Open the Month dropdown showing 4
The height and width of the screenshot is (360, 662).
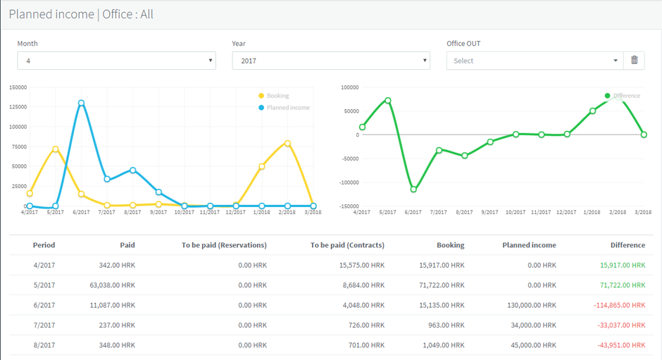pos(116,61)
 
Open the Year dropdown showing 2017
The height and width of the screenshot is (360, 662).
pos(330,61)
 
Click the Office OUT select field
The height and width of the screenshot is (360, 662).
pos(535,61)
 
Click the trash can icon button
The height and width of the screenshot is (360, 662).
pos(634,61)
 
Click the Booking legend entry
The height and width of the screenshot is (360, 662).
pos(277,96)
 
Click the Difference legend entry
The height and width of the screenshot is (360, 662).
pos(625,96)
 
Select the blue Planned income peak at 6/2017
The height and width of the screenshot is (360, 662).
pos(82,103)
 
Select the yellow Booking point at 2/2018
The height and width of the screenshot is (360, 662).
pos(287,143)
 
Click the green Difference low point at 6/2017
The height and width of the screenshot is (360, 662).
pos(413,190)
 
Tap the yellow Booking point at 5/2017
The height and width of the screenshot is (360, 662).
pos(56,149)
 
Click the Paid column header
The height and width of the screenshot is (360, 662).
pos(127,245)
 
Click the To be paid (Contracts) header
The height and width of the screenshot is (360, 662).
pos(347,245)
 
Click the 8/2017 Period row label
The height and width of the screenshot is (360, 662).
pos(44,345)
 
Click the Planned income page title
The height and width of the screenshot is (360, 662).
pos(51,14)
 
